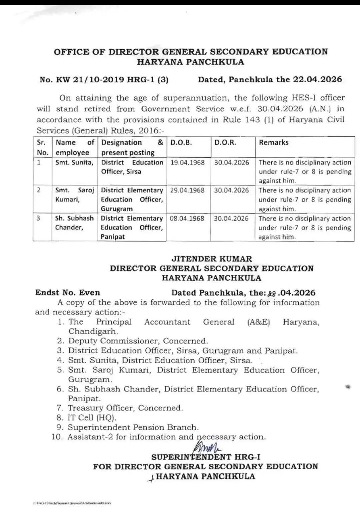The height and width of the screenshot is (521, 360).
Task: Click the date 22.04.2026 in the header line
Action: point(317,79)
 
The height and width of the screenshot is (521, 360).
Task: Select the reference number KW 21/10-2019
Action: point(90,80)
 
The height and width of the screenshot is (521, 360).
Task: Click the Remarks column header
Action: point(273,143)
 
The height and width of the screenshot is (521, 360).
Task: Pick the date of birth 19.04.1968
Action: point(187,163)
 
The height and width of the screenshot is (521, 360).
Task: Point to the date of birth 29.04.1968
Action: point(187,190)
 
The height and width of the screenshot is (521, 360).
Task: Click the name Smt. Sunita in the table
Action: point(74,163)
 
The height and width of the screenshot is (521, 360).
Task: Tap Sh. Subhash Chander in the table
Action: point(74,223)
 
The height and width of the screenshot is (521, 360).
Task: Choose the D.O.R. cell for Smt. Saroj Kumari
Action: point(231,190)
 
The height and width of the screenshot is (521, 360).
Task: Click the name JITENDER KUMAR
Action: point(212,259)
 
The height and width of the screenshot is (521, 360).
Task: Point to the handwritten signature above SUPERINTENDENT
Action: point(207,445)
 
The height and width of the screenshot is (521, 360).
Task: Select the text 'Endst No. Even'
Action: point(68,293)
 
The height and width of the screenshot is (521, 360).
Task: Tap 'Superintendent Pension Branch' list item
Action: point(133,427)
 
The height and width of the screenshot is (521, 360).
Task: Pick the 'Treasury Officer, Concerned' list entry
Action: point(125,408)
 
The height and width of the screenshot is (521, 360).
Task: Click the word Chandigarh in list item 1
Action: point(93,331)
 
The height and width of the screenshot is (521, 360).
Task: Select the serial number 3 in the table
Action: point(39,218)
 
